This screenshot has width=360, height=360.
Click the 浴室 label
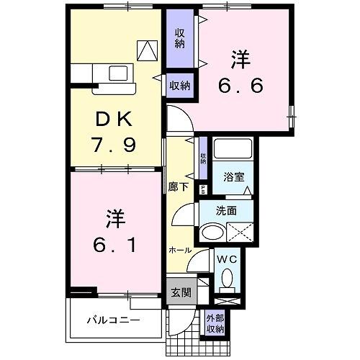(x=233, y=176)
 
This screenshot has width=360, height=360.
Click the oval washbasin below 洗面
(x=212, y=233)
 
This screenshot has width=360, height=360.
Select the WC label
(x=229, y=257)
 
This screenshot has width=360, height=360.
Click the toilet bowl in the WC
(x=228, y=277)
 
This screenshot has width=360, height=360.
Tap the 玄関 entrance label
(x=180, y=292)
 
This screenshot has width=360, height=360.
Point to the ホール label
(x=180, y=251)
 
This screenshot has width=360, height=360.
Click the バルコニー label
(x=114, y=318)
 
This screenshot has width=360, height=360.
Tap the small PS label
(x=203, y=189)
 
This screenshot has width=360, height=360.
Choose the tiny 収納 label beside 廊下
(x=203, y=158)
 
